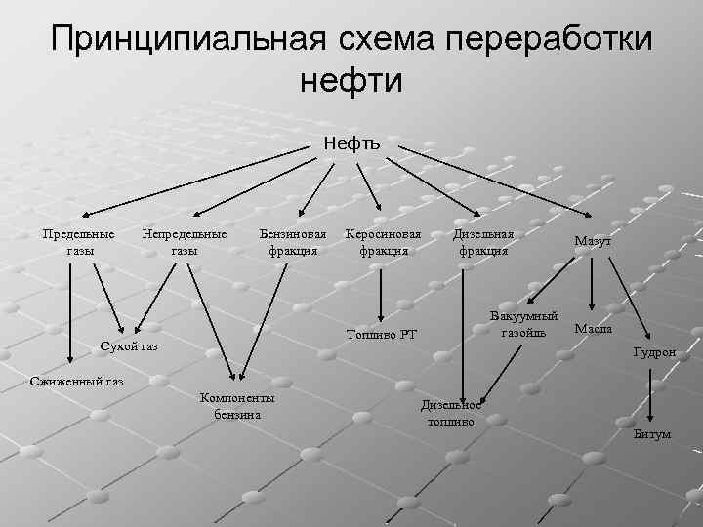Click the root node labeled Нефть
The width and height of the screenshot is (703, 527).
(x=352, y=144)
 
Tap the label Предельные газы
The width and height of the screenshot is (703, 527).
(x=80, y=242)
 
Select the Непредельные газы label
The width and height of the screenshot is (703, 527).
(x=184, y=242)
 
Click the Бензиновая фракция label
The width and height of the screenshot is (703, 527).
(x=293, y=242)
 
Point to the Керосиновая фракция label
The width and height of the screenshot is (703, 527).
(x=384, y=242)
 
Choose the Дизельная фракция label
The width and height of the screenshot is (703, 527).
(x=483, y=242)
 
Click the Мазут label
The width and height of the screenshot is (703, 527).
(x=593, y=241)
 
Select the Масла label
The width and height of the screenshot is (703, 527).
(x=594, y=329)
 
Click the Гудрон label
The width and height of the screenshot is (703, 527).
(x=653, y=352)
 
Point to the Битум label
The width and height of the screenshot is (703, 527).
(x=651, y=434)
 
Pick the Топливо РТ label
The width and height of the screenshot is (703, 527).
(x=382, y=335)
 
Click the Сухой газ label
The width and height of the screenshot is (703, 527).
(x=129, y=346)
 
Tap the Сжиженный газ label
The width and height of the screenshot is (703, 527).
(x=77, y=380)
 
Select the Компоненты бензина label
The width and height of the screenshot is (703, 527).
(x=236, y=406)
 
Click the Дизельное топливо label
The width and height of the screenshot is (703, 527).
(x=450, y=414)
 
